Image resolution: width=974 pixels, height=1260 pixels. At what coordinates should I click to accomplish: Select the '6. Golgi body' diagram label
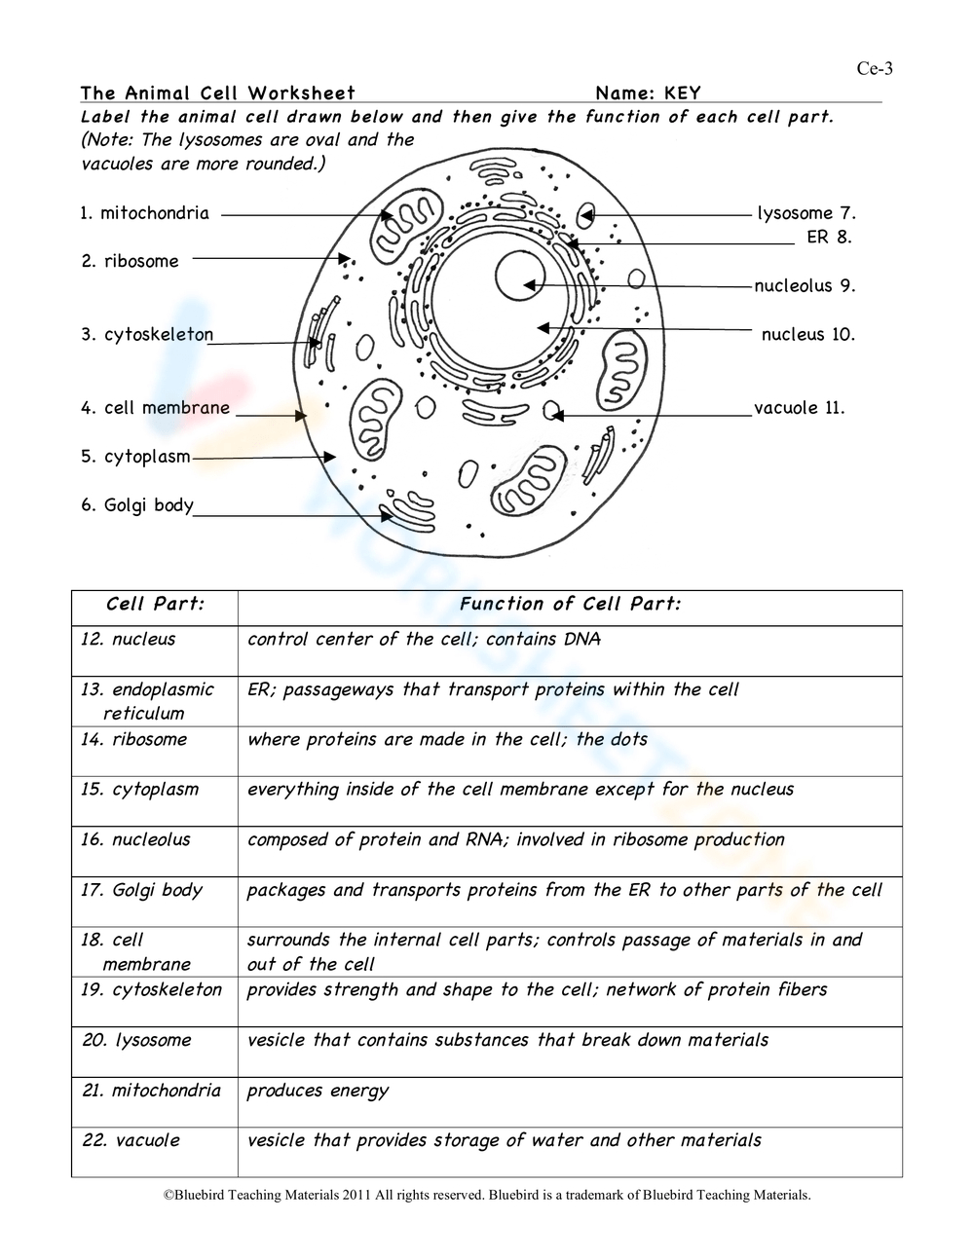[137, 505]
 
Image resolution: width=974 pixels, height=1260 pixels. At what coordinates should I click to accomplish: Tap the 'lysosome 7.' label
[806, 213]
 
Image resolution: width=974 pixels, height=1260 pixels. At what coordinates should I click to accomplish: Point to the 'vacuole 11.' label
[800, 408]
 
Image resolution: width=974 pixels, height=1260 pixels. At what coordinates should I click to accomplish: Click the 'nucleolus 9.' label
[805, 286]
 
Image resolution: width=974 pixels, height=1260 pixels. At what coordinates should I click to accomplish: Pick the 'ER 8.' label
[829, 238]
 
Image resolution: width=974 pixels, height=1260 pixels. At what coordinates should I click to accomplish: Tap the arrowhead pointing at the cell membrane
[301, 415]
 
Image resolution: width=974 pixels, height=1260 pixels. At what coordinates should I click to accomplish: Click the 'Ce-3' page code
[875, 68]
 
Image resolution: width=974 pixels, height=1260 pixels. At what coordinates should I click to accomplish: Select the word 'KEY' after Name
[682, 93]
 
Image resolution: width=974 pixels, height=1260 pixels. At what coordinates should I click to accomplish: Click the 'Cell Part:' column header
[155, 604]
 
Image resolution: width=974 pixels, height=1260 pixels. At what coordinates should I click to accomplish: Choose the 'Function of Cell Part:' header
[570, 604]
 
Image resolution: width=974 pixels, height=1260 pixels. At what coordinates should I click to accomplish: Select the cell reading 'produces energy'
[318, 1091]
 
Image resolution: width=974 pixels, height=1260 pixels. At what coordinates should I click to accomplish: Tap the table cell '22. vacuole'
[131, 1140]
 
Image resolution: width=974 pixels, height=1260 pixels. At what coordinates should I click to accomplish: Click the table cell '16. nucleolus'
[136, 839]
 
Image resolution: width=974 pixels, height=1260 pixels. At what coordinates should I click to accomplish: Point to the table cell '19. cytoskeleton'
[152, 990]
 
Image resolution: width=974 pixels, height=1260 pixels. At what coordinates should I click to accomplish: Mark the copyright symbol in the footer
[169, 1195]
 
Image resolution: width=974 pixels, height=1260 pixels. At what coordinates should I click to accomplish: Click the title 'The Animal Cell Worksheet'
[218, 93]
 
